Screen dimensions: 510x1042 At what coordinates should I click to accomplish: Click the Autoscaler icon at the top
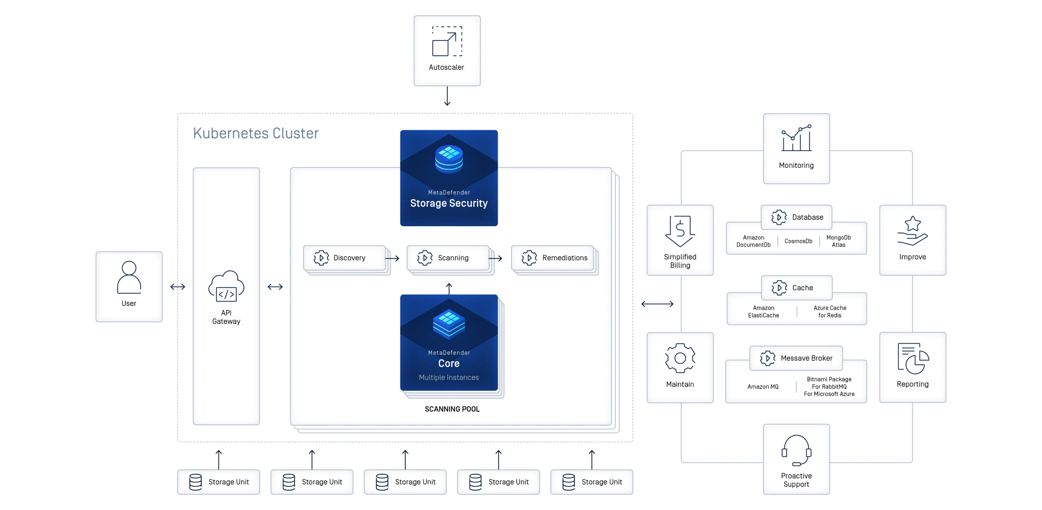click(447, 41)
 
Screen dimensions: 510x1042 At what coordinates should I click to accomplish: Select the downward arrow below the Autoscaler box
click(447, 96)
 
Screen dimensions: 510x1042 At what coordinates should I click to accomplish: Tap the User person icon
click(129, 278)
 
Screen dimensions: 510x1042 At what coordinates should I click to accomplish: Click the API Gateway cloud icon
click(226, 286)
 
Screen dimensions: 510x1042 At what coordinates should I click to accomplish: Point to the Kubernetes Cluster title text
click(256, 133)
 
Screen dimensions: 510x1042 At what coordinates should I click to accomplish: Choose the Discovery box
click(344, 258)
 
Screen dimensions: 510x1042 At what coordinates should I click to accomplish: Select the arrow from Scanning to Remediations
click(495, 258)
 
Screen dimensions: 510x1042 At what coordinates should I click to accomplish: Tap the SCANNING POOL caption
click(452, 409)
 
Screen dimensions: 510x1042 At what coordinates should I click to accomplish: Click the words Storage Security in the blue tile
click(449, 203)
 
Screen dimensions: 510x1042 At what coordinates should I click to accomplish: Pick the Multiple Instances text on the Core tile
click(449, 377)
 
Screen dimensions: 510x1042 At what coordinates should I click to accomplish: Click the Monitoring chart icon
click(796, 138)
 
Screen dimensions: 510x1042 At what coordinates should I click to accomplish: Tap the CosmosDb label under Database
click(798, 241)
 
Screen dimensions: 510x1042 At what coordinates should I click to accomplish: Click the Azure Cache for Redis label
click(830, 312)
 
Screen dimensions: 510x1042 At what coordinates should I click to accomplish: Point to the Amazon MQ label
click(763, 386)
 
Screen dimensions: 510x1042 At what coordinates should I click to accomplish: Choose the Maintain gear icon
click(680, 358)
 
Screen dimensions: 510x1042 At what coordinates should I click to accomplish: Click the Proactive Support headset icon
click(796, 450)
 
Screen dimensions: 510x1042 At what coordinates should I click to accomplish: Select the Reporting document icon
click(912, 359)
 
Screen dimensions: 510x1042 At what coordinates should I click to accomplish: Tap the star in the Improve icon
click(912, 224)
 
